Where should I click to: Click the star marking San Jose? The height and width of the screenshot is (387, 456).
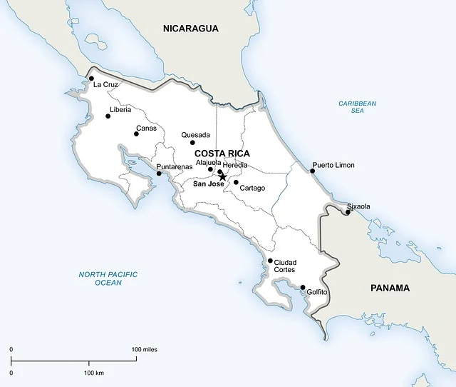pos(222,177)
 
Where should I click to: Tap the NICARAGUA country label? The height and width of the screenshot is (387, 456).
pos(190,29)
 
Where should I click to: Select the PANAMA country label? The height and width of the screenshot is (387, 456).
pos(390,288)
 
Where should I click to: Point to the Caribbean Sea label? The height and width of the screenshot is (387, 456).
pos(357,107)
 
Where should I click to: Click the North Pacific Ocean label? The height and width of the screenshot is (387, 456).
pos(108,278)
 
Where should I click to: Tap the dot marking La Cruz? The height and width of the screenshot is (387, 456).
pos(91,79)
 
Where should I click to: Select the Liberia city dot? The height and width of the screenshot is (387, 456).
pos(108,116)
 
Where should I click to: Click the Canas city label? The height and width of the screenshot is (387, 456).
pos(146,129)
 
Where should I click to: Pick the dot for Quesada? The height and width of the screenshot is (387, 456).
pos(192,143)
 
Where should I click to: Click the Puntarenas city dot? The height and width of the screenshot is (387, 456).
pos(158,174)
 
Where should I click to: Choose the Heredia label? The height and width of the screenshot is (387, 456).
pos(235,165)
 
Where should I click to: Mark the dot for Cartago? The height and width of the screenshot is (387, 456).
pos(236,182)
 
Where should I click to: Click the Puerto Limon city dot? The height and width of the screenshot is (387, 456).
pos(312,171)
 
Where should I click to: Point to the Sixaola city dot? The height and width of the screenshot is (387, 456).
pos(347,211)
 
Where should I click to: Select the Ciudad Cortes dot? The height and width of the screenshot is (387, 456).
pos(270,261)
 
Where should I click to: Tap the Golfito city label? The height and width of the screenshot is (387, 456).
pos(317,292)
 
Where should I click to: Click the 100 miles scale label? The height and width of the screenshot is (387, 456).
pos(145,349)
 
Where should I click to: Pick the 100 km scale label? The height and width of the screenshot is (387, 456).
pos(94,373)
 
